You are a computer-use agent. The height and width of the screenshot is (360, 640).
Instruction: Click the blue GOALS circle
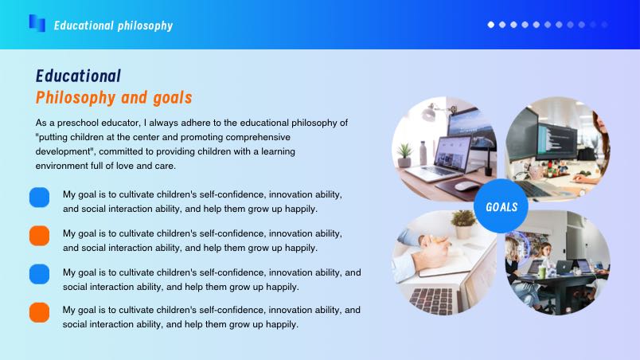[501, 206]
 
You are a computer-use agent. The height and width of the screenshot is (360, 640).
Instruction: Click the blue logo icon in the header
[37, 23]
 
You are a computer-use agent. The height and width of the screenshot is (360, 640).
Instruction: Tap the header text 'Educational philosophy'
[114, 25]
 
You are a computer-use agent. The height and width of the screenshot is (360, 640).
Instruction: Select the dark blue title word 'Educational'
[78, 76]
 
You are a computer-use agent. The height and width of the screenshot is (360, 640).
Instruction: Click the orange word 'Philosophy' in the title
[76, 98]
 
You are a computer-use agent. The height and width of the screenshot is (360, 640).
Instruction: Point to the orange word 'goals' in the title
[173, 98]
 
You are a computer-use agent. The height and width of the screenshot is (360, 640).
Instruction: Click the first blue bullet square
[39, 198]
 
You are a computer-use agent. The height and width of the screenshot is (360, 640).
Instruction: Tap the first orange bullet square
[39, 236]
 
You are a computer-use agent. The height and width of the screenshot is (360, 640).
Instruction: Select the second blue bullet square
[39, 274]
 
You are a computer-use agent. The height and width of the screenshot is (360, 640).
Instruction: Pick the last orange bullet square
[39, 313]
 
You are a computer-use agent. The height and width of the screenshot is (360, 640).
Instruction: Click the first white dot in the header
[491, 25]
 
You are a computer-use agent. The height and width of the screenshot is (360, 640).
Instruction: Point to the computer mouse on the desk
[466, 186]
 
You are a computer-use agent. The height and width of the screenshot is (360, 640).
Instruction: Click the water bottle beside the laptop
[423, 153]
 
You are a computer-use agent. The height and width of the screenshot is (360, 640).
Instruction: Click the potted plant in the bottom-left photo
[463, 224]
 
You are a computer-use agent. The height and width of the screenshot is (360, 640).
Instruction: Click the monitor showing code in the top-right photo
[557, 141]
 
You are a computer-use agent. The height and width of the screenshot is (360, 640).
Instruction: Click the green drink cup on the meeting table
[541, 272]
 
